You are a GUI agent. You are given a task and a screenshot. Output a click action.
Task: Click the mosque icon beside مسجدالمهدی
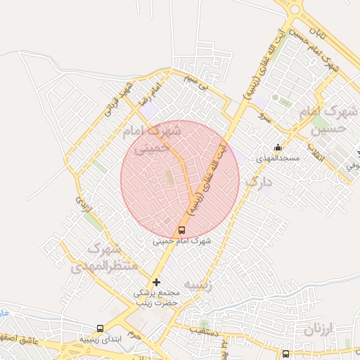pyautogui.click(x=278, y=148)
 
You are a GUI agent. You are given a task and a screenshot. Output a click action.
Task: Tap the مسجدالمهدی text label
pyautogui.click(x=278, y=158)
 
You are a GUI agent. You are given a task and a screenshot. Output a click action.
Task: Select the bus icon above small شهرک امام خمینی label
pyautogui.click(x=182, y=230)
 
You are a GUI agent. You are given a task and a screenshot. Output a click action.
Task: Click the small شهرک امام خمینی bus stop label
pyautogui.click(x=182, y=240)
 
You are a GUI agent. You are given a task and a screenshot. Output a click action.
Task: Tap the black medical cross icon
pyautogui.click(x=156, y=282)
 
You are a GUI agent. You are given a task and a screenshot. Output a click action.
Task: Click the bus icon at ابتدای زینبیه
pyautogui.click(x=100, y=328)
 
